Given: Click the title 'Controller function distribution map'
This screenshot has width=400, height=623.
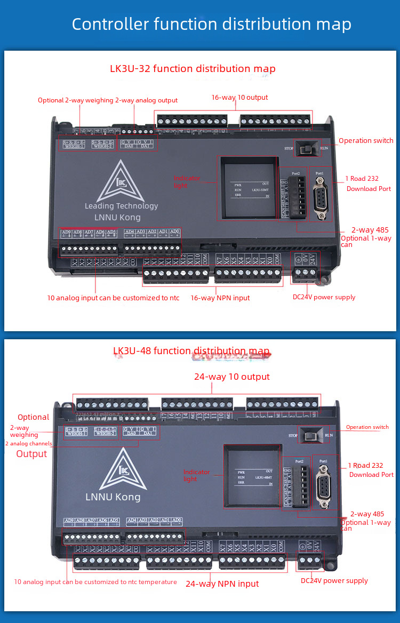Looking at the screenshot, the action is click(x=212, y=25).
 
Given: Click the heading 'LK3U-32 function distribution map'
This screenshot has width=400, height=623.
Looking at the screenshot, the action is click(x=193, y=69).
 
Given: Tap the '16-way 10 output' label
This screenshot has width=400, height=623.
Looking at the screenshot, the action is click(x=239, y=98).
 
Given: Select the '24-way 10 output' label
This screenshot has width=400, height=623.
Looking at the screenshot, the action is click(x=232, y=377).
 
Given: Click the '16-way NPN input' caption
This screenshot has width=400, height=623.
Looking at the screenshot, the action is click(x=220, y=298).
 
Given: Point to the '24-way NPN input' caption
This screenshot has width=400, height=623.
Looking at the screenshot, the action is click(x=222, y=584).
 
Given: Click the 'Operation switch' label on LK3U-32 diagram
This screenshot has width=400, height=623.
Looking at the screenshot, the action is click(x=366, y=141).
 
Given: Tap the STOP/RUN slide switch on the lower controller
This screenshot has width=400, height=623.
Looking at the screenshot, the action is click(x=309, y=435).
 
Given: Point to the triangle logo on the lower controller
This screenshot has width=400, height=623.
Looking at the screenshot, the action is click(x=123, y=469).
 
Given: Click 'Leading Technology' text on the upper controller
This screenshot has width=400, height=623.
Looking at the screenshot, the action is click(x=121, y=206).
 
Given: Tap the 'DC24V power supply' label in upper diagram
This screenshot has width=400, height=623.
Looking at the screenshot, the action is click(x=324, y=297).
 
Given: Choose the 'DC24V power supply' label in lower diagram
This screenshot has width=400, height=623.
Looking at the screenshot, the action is click(x=334, y=581).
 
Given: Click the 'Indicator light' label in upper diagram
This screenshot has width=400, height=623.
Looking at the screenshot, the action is click(x=188, y=181).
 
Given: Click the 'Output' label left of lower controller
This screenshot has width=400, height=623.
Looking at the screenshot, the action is click(x=31, y=454).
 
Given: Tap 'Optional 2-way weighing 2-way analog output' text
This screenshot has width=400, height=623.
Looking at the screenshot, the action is click(x=108, y=100).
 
